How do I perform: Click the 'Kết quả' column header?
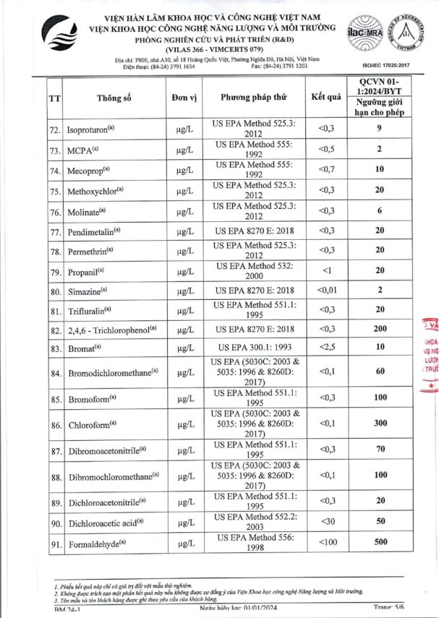click(x=325, y=97)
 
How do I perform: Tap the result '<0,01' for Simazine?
click(x=326, y=291)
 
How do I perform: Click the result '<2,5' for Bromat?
click(x=326, y=348)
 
